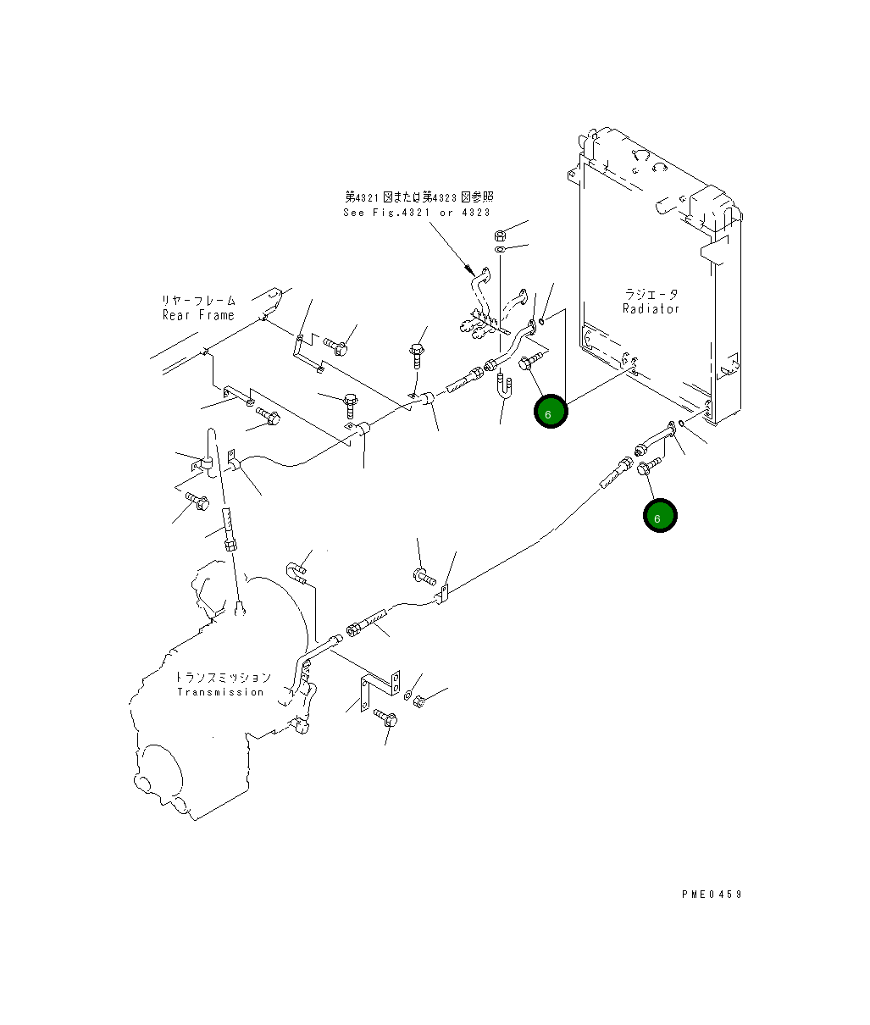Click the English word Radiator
pyautogui.click(x=651, y=309)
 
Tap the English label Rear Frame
pyautogui.click(x=198, y=315)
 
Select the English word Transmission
pyautogui.click(x=220, y=692)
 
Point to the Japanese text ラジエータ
pyautogui.click(x=651, y=294)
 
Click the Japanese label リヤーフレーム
pyautogui.click(x=198, y=301)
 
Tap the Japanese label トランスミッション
pyautogui.click(x=224, y=678)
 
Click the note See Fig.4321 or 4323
pyautogui.click(x=417, y=213)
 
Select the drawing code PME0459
pyautogui.click(x=712, y=894)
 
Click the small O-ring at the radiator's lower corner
pyautogui.click(x=682, y=423)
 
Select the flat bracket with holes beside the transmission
pyautogui.click(x=380, y=690)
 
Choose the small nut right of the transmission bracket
pyautogui.click(x=419, y=701)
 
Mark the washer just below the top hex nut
pyautogui.click(x=501, y=249)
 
